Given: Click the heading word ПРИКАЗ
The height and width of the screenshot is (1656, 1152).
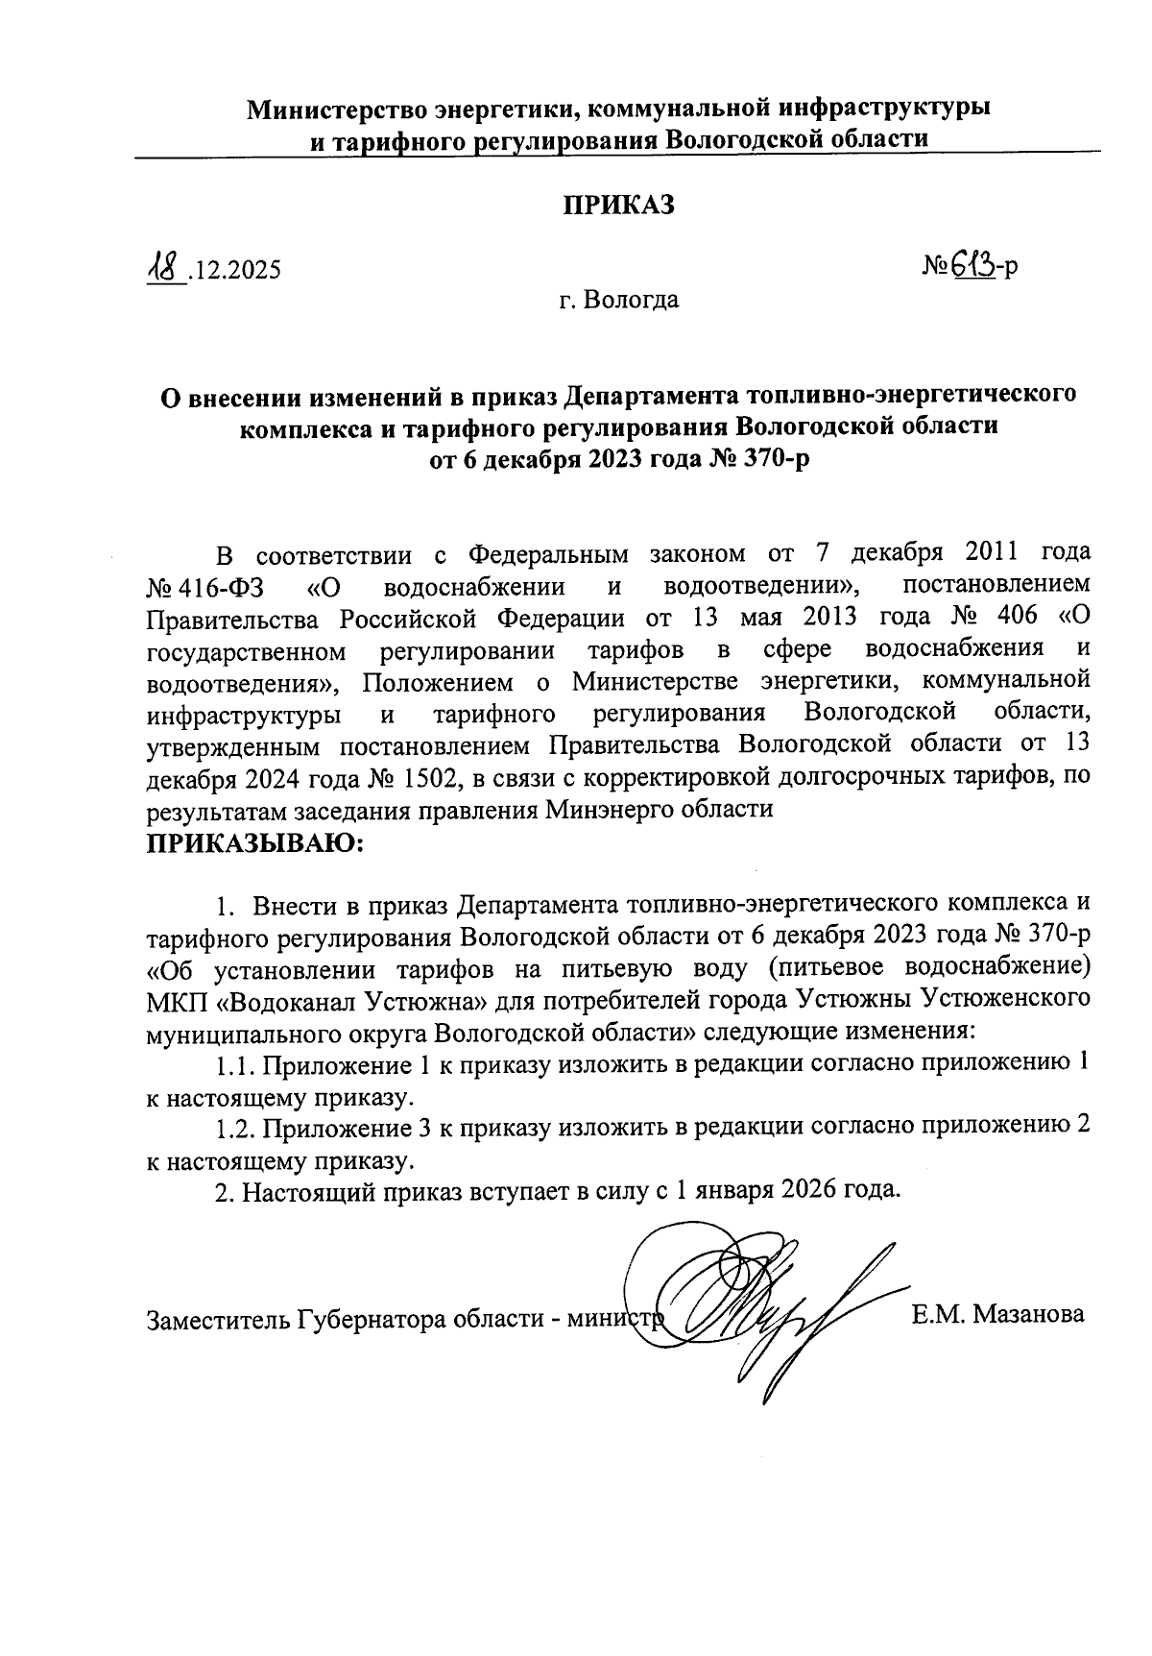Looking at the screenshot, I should pos(619,205).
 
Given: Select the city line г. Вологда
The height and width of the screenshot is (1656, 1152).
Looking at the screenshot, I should pos(619,300).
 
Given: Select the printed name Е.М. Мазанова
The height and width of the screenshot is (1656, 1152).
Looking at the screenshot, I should pos(998,1315).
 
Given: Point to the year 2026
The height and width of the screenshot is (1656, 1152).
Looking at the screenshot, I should pos(812,1191).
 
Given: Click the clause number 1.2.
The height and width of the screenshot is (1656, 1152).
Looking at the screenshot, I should pos(235,1128).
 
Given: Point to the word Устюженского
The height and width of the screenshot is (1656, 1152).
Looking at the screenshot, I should pos(1005,999).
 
